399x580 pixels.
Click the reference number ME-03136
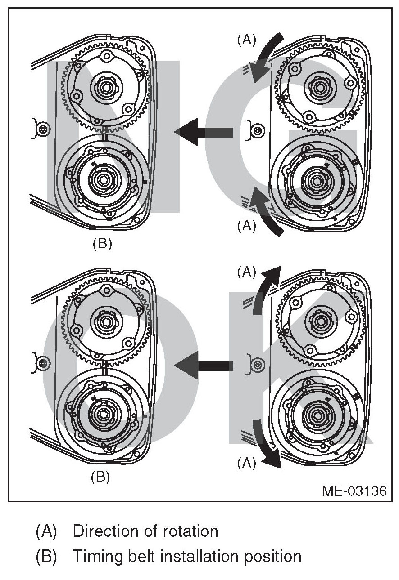[x=354, y=491]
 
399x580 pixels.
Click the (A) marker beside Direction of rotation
[x=46, y=531]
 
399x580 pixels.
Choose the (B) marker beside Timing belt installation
[x=46, y=557]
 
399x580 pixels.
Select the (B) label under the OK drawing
[x=100, y=476]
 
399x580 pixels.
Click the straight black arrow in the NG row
[x=203, y=132]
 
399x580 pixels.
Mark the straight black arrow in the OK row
[x=203, y=366]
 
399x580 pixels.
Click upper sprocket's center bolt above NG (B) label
[x=106, y=88]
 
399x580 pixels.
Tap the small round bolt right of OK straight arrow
[x=257, y=365]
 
